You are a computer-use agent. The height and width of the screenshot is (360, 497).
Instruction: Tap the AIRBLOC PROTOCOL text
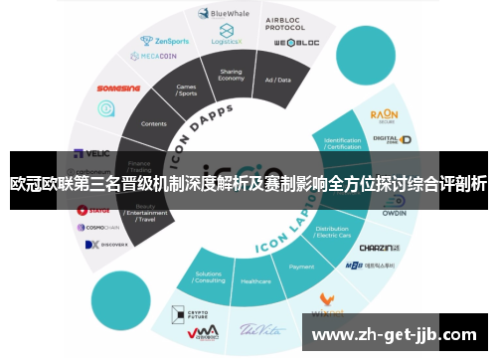[x=285, y=22]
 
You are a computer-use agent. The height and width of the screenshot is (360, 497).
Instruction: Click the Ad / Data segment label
[x=276, y=79]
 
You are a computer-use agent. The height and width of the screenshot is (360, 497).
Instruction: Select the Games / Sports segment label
[x=187, y=90]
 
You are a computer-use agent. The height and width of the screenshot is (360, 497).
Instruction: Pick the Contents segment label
[x=155, y=124]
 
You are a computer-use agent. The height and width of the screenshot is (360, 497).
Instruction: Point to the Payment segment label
[x=301, y=267]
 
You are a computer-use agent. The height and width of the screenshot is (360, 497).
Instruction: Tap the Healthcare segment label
[x=255, y=281]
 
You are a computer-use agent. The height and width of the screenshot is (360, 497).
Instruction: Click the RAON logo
[x=384, y=115]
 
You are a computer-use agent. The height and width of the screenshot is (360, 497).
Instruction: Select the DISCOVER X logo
[x=106, y=244]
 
